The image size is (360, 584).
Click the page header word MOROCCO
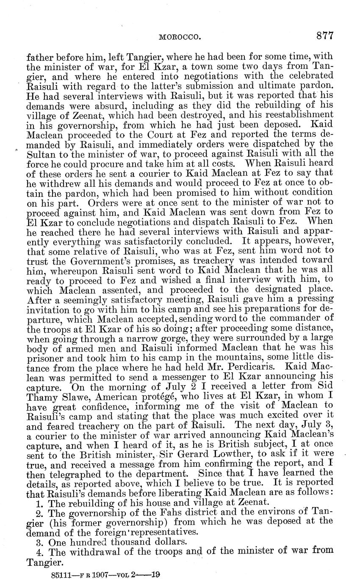(179, 37)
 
